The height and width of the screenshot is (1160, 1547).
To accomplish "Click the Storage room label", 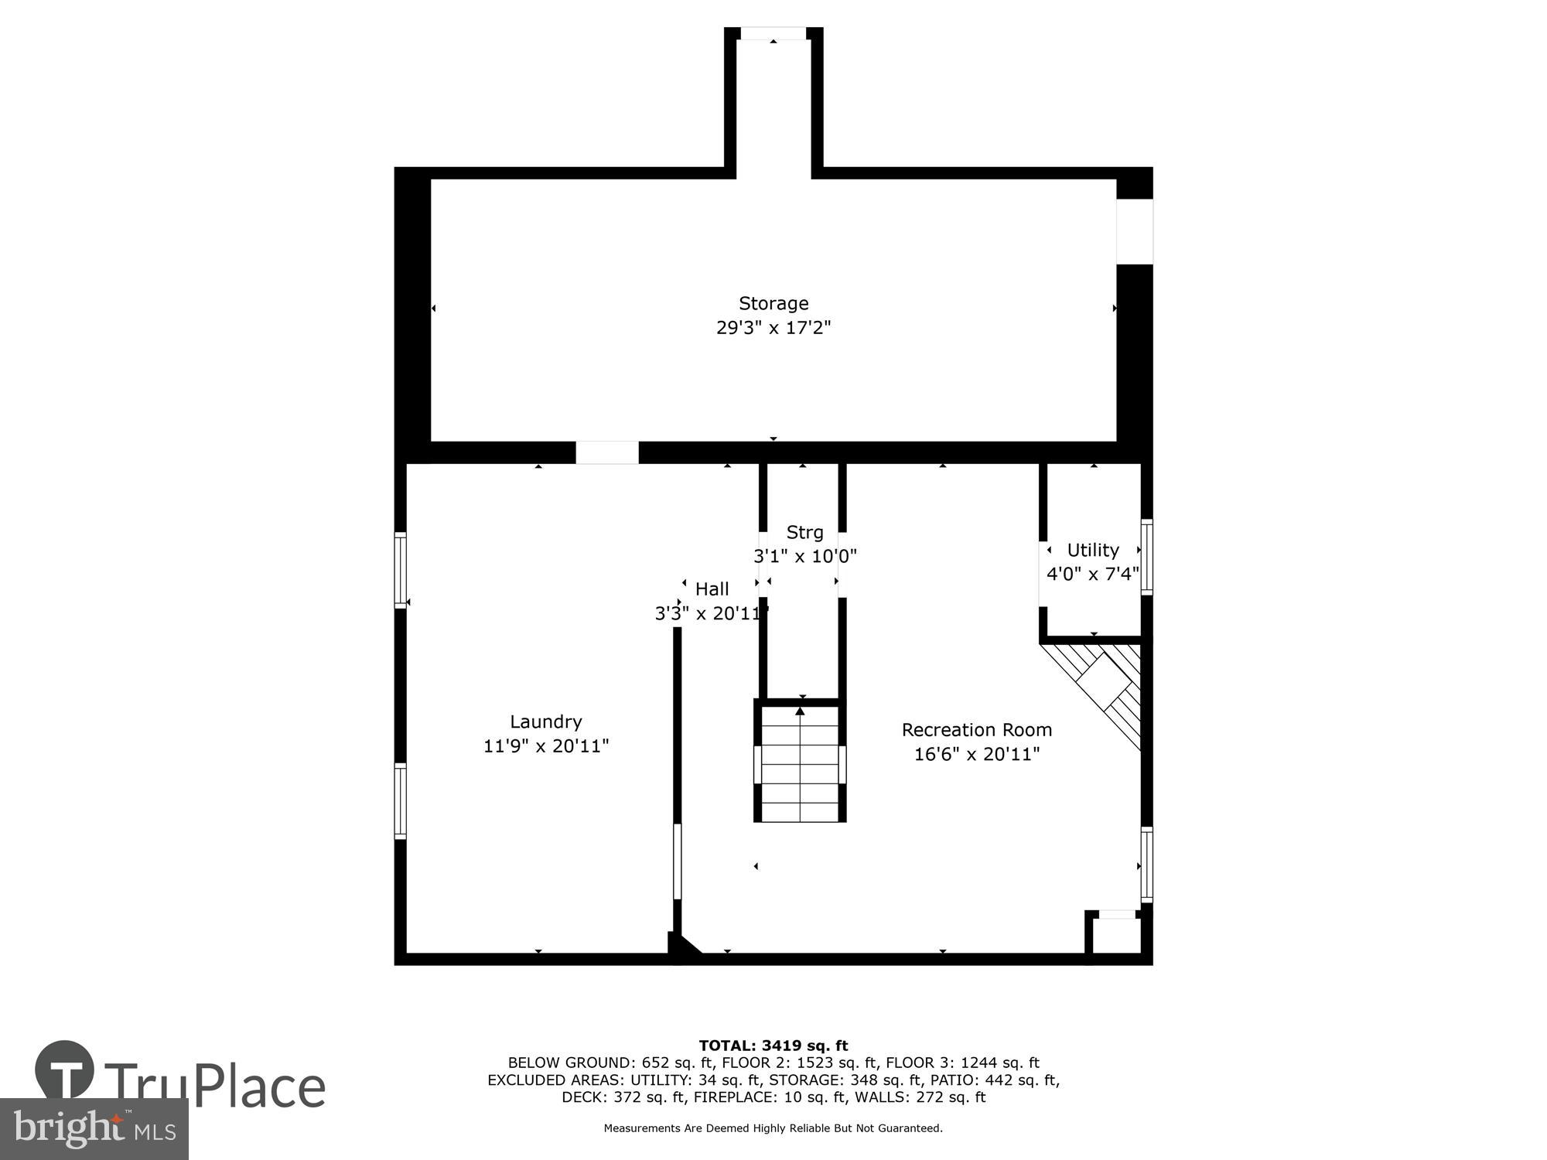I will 773,303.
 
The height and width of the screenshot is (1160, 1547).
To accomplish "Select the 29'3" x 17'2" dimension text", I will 773,328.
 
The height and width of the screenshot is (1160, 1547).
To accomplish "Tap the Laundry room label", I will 545,722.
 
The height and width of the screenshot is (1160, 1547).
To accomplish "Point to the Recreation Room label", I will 976,730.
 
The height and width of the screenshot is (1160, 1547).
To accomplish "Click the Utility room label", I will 1092,550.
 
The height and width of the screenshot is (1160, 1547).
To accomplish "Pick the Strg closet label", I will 804,532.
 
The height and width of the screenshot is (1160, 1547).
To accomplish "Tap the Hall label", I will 712,589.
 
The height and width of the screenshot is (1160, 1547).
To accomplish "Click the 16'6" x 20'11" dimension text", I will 976,754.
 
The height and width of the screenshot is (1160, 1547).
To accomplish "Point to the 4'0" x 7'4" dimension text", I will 1092,574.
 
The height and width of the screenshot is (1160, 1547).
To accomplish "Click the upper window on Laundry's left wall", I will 400,570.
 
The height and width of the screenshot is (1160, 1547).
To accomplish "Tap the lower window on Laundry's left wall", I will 400,800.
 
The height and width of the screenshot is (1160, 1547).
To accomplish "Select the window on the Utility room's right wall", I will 1146,557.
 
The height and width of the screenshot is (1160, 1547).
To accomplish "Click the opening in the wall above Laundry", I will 607,452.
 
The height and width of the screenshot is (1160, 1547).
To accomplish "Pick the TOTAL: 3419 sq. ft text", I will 773,1046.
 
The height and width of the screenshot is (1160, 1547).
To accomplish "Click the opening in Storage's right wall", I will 1134,231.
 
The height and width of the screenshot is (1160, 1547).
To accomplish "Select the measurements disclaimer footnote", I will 773,1128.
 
